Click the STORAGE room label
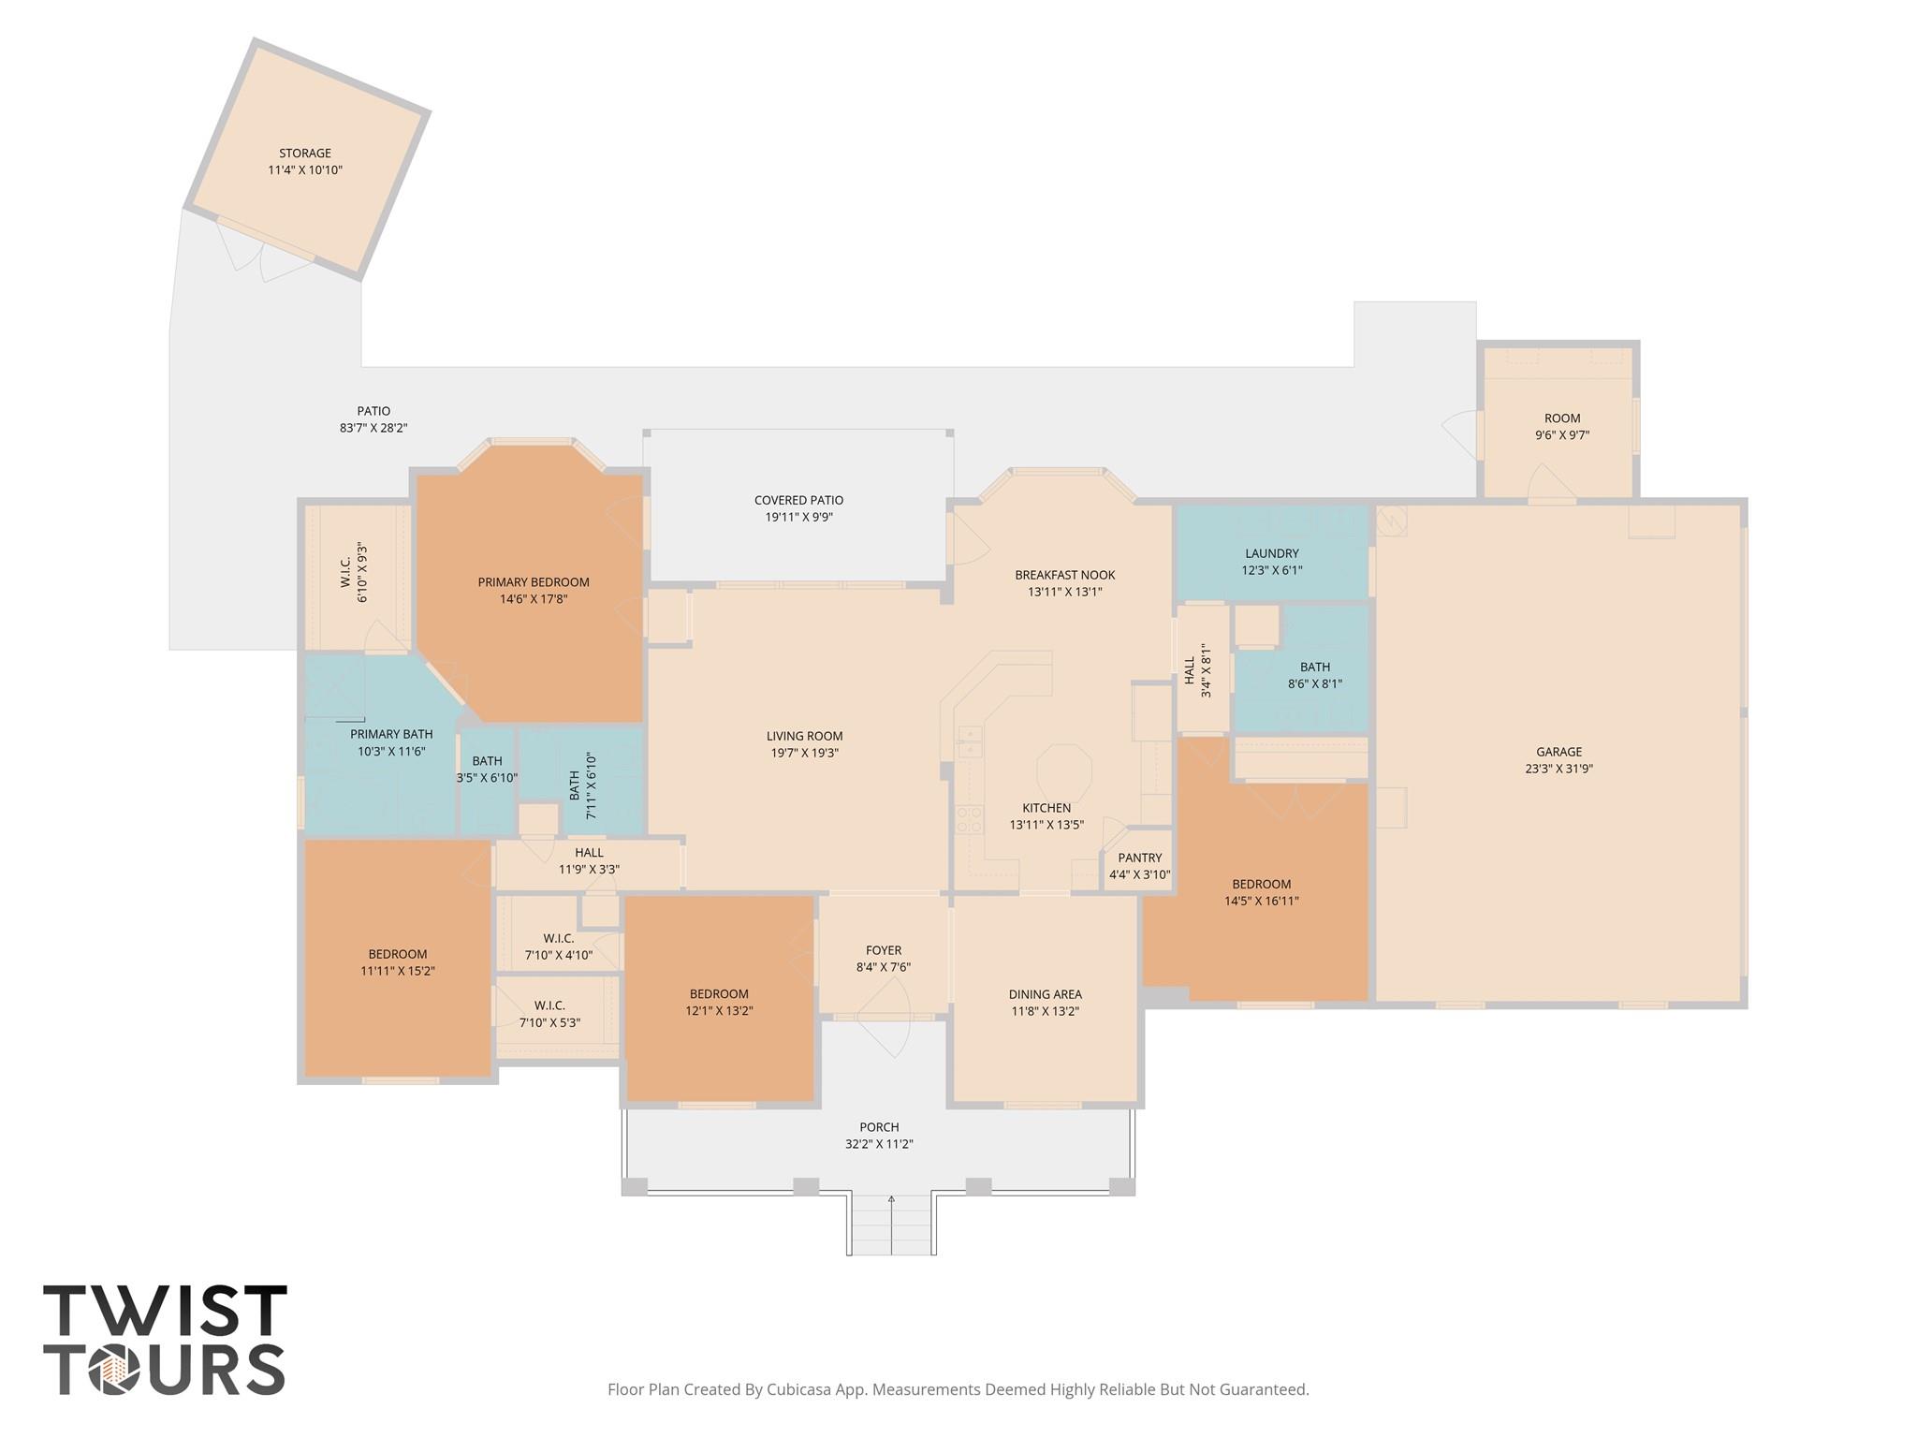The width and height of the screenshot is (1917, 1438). click(x=305, y=154)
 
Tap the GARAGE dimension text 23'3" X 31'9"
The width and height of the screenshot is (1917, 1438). click(x=1558, y=769)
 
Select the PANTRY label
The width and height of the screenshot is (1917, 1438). click(x=1139, y=858)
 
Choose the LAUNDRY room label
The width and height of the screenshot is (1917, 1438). click(x=1271, y=553)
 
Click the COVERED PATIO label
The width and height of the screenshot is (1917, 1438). click(x=798, y=500)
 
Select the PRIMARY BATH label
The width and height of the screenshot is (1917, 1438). click(x=391, y=734)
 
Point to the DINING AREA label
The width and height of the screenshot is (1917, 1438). click(x=1045, y=994)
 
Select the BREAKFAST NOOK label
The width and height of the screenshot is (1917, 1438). click(x=1064, y=575)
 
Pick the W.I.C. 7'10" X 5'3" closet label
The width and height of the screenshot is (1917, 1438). click(x=549, y=1014)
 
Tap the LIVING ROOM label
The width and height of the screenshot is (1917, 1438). click(x=804, y=736)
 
